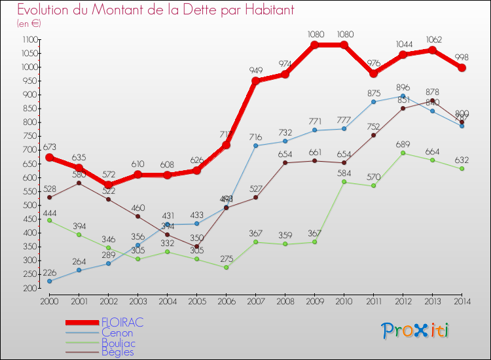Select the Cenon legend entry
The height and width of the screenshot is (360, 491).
click(117, 333)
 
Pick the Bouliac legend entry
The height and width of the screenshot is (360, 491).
click(118, 342)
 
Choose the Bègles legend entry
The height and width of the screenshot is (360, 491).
click(118, 352)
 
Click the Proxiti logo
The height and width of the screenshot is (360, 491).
click(416, 331)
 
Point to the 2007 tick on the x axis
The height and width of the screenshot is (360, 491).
click(255, 301)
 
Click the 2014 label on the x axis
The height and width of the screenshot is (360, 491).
click(462, 301)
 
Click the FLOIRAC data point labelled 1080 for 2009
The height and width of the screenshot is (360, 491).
click(314, 45)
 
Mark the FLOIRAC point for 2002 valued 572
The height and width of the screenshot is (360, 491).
click(108, 185)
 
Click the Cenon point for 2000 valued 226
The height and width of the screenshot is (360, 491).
click(49, 281)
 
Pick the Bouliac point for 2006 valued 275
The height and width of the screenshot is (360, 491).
click(226, 267)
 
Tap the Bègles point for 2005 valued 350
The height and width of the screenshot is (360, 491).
click(196, 247)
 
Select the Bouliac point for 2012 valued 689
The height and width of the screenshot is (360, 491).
click(403, 153)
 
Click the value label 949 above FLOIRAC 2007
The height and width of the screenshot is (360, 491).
click(255, 70)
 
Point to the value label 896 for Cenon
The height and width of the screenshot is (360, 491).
click(403, 87)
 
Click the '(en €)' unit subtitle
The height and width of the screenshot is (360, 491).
click(29, 24)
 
